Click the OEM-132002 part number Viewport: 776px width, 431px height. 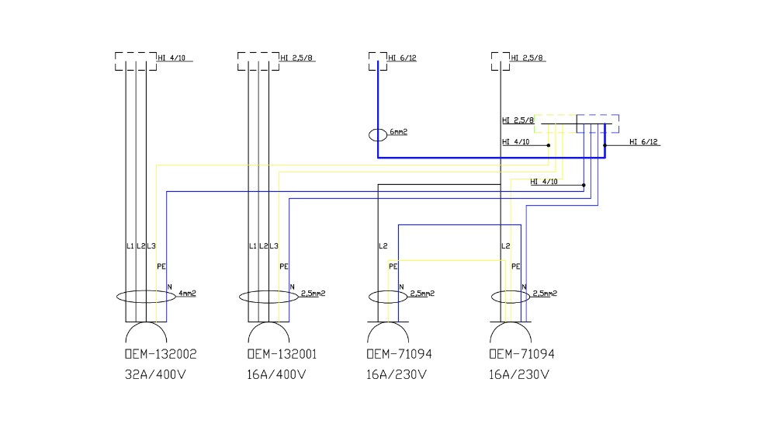point(160,354)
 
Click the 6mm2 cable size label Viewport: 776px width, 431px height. point(399,132)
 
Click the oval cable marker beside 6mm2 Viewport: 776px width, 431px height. point(378,135)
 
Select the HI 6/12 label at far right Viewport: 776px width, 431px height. point(644,141)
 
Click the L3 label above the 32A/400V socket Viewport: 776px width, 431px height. point(151,246)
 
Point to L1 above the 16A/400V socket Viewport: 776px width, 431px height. point(252,246)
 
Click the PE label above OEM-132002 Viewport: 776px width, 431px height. point(161,266)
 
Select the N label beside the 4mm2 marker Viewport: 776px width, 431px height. point(170,287)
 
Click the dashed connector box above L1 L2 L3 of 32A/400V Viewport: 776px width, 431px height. point(135,61)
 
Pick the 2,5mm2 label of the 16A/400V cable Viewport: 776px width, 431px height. point(313,294)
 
